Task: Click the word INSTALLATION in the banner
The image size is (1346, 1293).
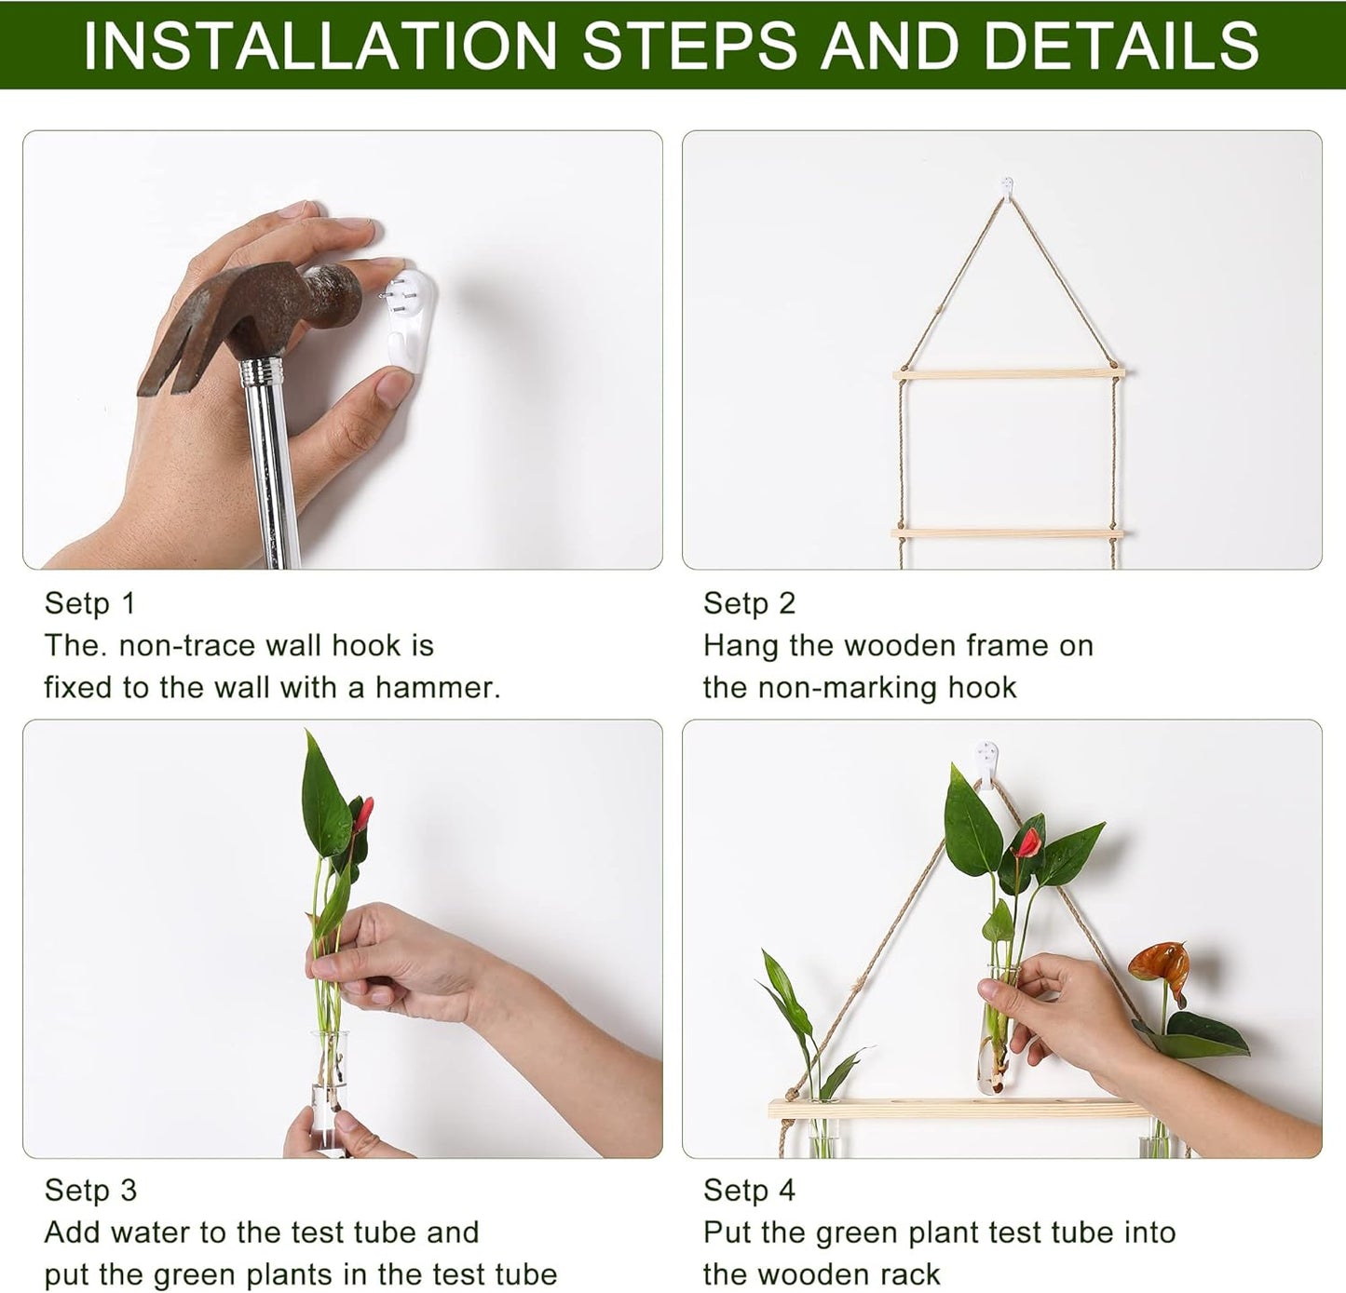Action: (320, 44)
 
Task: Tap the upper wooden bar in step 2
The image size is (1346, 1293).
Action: (1009, 373)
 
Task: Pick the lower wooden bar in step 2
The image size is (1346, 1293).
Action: (1009, 532)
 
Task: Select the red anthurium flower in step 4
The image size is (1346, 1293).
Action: (1027, 843)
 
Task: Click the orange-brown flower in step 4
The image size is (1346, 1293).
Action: (1159, 960)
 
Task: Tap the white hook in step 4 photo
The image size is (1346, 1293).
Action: (987, 754)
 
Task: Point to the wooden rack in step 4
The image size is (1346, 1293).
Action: (959, 1109)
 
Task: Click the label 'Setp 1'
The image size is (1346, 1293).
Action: (90, 603)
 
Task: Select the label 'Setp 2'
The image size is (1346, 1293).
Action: (749, 603)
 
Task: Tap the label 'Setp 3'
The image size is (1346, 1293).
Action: (90, 1190)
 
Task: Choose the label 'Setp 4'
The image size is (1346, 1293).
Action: (749, 1190)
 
